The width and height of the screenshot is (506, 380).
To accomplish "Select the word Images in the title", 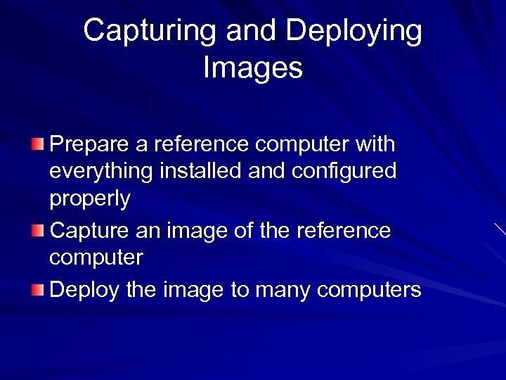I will (253, 68).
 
